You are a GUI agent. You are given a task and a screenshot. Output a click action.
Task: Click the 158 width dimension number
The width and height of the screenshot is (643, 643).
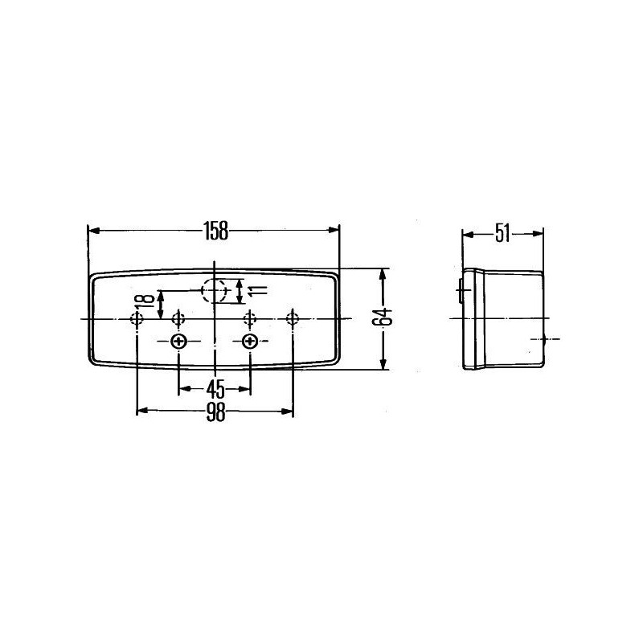(216, 231)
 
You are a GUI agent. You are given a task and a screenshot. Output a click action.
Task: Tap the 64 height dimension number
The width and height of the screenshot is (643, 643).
(383, 316)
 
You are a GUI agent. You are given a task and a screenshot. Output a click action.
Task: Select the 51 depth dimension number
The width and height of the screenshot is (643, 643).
(502, 234)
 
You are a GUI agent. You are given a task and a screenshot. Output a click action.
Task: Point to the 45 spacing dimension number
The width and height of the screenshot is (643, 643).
(215, 389)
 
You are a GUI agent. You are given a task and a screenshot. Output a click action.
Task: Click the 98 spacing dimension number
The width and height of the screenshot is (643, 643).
(215, 412)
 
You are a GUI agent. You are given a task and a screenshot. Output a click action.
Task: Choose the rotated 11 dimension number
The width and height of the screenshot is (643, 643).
(257, 290)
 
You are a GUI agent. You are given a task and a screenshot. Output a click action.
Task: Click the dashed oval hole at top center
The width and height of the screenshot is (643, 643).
(214, 290)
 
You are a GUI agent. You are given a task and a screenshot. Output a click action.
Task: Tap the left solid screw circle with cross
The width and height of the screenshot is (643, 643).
(178, 341)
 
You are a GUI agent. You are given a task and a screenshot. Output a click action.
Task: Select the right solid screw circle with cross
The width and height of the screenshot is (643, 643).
(249, 341)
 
